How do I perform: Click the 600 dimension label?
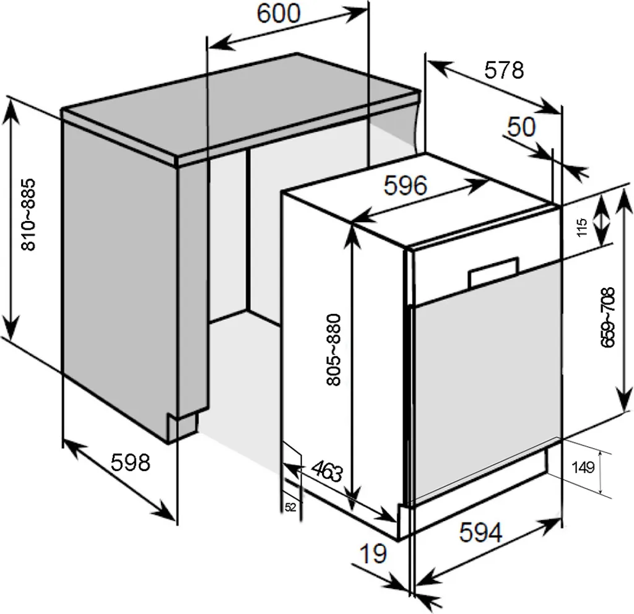pyautogui.click(x=279, y=14)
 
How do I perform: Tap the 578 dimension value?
pyautogui.click(x=504, y=71)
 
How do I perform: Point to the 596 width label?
pyautogui.click(x=405, y=186)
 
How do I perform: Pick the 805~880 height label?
pyautogui.click(x=334, y=350)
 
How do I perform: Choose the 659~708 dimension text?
pyautogui.click(x=607, y=318)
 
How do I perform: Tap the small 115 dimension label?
pyautogui.click(x=582, y=228)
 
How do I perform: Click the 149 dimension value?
pyautogui.click(x=583, y=468)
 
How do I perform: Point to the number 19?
pyautogui.click(x=373, y=554)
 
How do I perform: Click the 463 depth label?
pyautogui.click(x=328, y=470)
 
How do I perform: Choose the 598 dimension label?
pyautogui.click(x=131, y=462)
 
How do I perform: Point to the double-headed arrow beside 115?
pyautogui.click(x=602, y=221)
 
